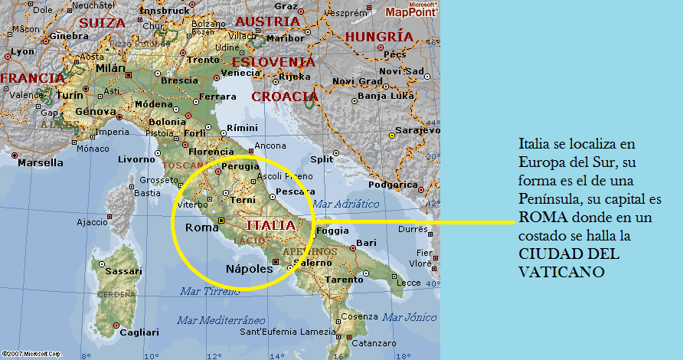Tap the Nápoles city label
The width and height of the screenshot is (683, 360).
pos(250,269)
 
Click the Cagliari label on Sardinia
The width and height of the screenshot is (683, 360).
pos(139,332)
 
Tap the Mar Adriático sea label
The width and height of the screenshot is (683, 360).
pos(346,204)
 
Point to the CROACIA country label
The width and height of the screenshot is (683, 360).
pos(285,97)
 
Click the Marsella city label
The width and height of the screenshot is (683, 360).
pos(40,163)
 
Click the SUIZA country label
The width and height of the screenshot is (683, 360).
pos(102,23)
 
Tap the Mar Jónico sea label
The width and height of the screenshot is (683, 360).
pos(410,316)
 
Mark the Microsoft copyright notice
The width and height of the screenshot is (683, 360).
pos(31,354)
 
